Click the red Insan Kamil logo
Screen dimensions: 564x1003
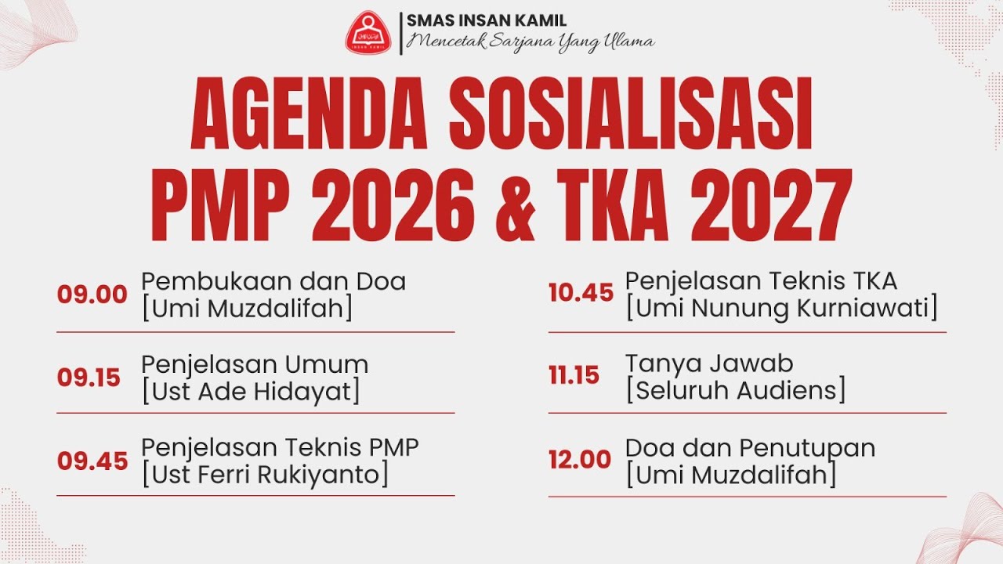[369, 32]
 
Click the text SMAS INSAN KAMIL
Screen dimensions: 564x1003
[487, 21]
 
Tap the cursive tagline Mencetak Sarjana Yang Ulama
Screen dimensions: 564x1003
[530, 42]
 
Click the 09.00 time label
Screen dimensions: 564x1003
[92, 295]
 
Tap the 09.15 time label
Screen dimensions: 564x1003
[89, 378]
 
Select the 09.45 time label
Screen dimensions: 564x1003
[92, 461]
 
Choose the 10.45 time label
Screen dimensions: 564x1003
[581, 293]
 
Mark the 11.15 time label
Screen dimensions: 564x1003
[574, 375]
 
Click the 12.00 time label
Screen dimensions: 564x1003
[580, 460]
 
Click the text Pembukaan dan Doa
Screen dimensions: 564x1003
[273, 281]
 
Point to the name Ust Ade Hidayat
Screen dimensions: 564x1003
[251, 391]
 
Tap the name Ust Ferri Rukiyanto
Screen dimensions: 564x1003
[265, 475]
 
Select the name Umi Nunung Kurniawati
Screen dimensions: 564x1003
[781, 308]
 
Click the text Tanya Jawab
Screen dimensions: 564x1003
[709, 363]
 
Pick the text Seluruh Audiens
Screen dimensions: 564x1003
[736, 390]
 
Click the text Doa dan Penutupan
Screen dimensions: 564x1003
[750, 448]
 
